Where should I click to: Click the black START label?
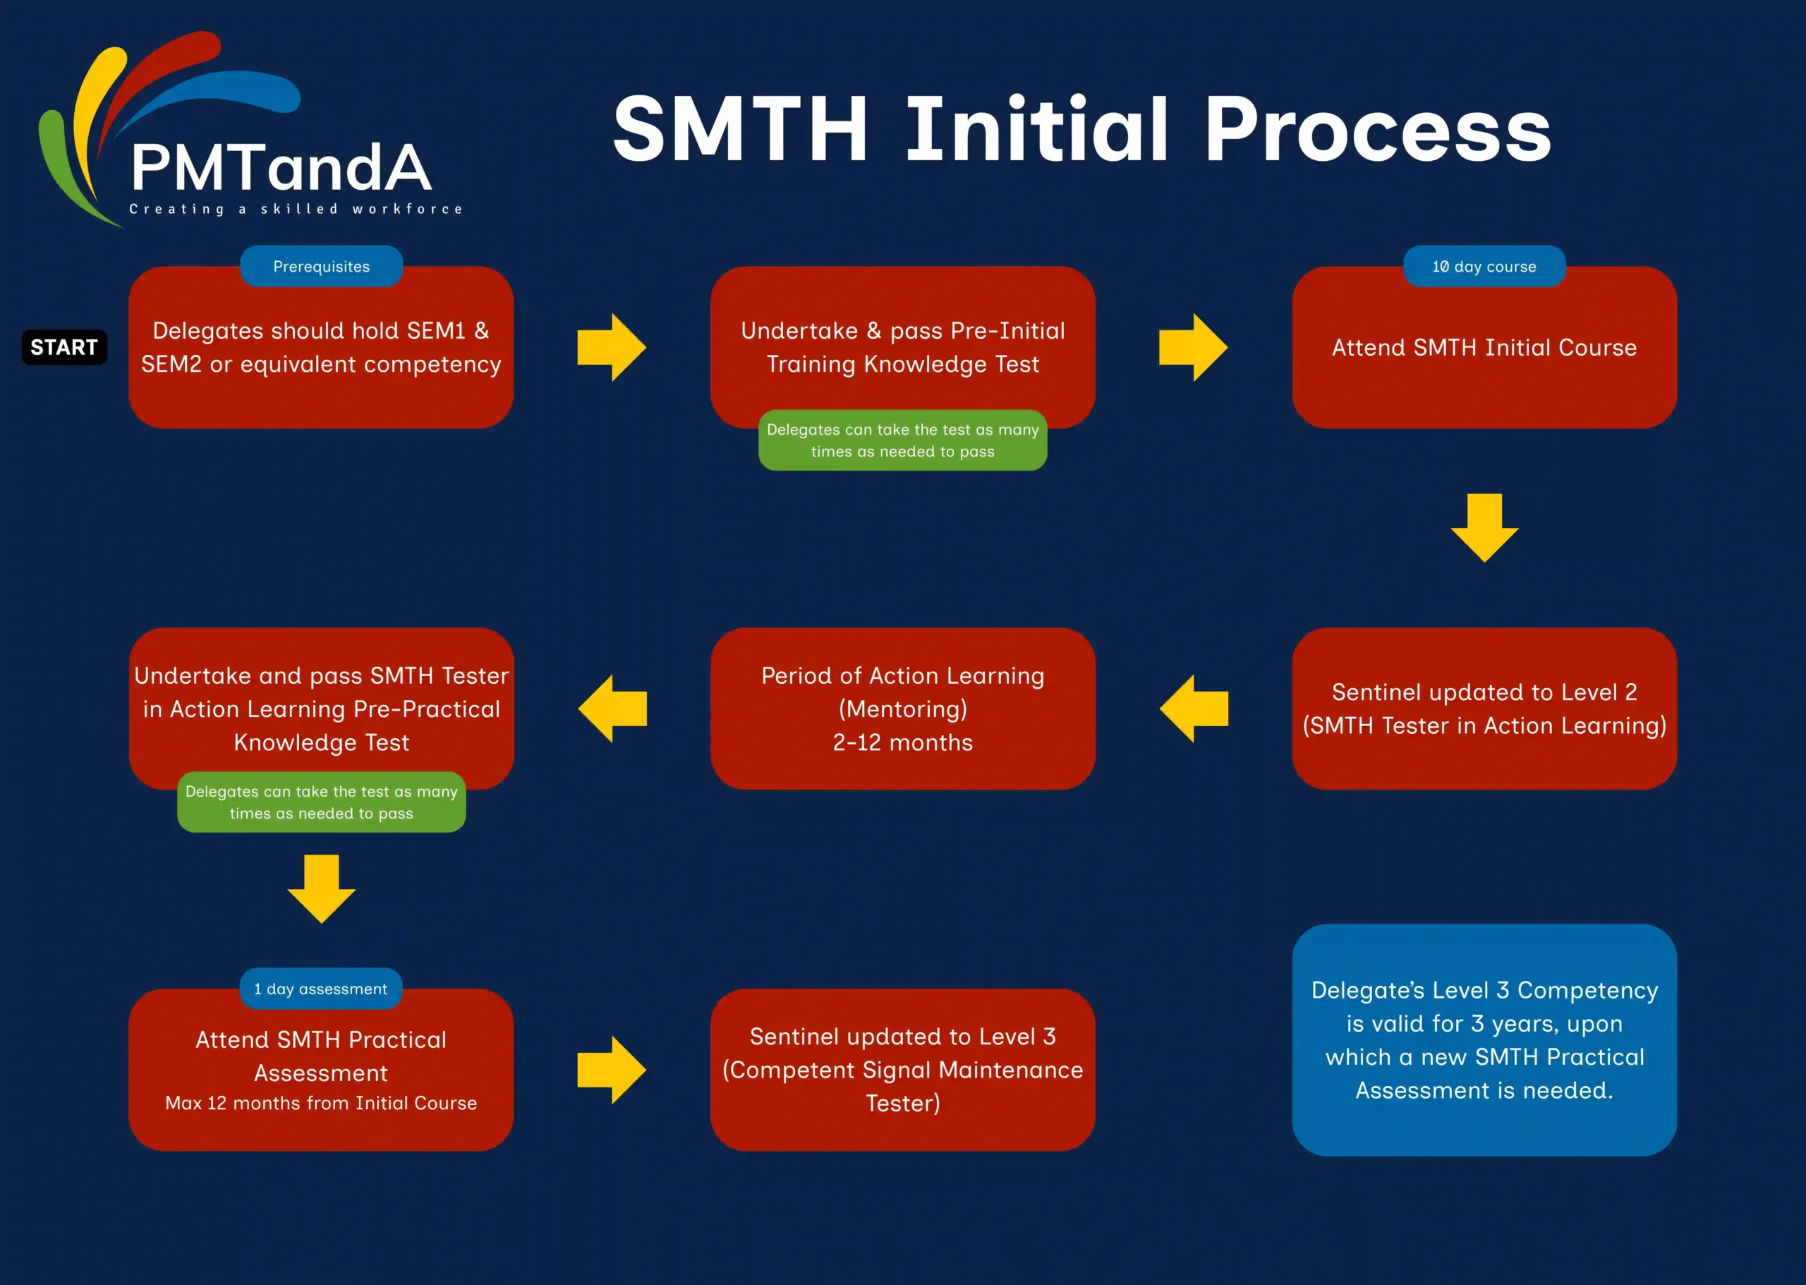tap(64, 347)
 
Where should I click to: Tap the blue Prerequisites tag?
tap(321, 267)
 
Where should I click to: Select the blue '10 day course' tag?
tap(1484, 267)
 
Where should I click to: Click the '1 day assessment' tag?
tap(321, 989)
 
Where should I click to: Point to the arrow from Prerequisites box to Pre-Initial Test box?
tap(612, 347)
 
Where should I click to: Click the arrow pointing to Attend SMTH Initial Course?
tap(1193, 347)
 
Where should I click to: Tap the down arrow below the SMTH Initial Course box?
tap(1484, 528)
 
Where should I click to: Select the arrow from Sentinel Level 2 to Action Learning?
tap(1194, 708)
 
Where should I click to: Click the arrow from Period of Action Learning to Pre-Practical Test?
tap(612, 708)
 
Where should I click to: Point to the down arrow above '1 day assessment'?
tap(321, 888)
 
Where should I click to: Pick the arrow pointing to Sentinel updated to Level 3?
tap(612, 1070)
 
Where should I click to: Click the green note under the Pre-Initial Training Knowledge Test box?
tap(902, 440)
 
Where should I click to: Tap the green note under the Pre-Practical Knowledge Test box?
tap(321, 802)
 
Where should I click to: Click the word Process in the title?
tap(1377, 129)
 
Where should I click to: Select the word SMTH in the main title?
tap(741, 129)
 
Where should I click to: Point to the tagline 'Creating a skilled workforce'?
tap(296, 209)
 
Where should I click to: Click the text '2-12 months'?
tap(902, 742)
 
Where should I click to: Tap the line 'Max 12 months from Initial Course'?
tap(321, 1103)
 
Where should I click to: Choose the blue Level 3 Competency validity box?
tap(1484, 1039)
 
